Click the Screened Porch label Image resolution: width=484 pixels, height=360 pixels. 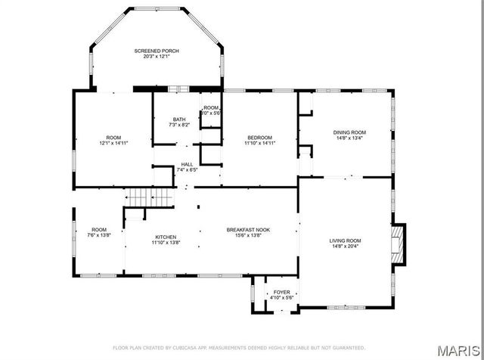point(157,51)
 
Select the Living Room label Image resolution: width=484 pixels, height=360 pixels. point(344,241)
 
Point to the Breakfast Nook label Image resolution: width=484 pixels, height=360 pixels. point(249,229)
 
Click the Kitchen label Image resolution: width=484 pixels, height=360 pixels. point(166,236)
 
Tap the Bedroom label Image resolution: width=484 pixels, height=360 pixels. point(259,137)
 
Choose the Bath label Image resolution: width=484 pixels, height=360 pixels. point(179,119)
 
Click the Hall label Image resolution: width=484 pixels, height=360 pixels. point(186,164)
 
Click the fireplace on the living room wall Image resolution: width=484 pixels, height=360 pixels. point(398,245)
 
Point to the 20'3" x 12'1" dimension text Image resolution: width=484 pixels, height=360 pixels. point(157,57)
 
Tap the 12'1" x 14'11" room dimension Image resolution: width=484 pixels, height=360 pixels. point(113,143)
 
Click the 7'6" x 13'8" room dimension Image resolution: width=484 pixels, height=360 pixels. point(100,235)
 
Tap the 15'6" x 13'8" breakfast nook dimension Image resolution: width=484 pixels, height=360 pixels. point(249,235)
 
